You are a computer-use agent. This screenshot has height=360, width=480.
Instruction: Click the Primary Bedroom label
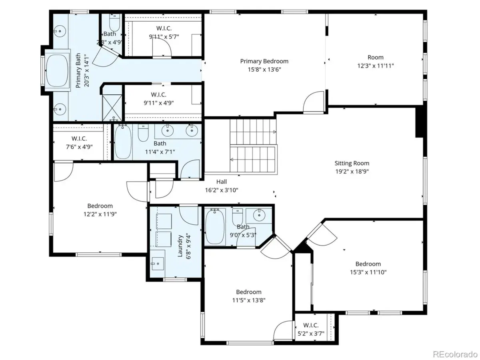point(264,61)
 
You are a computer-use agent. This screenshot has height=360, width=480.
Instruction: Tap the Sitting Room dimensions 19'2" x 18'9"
point(352,172)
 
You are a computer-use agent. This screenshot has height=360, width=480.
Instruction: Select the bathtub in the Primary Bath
point(57,70)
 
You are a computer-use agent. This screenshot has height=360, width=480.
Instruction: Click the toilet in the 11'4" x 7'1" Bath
point(143,133)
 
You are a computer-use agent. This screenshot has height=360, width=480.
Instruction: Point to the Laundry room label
point(180,246)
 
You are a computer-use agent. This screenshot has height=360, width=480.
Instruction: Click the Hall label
point(222,182)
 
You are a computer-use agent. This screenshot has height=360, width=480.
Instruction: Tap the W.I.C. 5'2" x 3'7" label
point(311,329)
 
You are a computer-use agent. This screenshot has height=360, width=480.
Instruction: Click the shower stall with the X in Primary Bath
point(112,108)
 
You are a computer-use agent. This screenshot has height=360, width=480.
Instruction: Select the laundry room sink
point(158,264)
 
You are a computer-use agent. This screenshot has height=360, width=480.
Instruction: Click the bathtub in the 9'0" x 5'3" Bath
point(215,226)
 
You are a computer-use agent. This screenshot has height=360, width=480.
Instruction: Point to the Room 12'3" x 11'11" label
point(376,62)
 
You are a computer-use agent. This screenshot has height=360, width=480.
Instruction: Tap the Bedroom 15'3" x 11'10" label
point(368,268)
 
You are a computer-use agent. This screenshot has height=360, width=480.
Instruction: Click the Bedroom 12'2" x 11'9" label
point(100,210)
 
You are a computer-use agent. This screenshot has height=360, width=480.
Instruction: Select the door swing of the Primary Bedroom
point(313,102)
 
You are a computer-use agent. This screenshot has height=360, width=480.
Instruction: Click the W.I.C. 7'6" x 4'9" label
point(79,142)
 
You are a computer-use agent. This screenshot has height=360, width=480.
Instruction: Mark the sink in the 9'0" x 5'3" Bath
point(259,215)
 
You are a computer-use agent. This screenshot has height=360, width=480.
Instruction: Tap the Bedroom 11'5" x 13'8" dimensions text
point(249,300)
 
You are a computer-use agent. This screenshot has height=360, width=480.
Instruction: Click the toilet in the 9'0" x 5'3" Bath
point(238,217)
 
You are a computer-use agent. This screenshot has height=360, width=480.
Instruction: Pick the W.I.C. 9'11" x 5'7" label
point(164,32)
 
